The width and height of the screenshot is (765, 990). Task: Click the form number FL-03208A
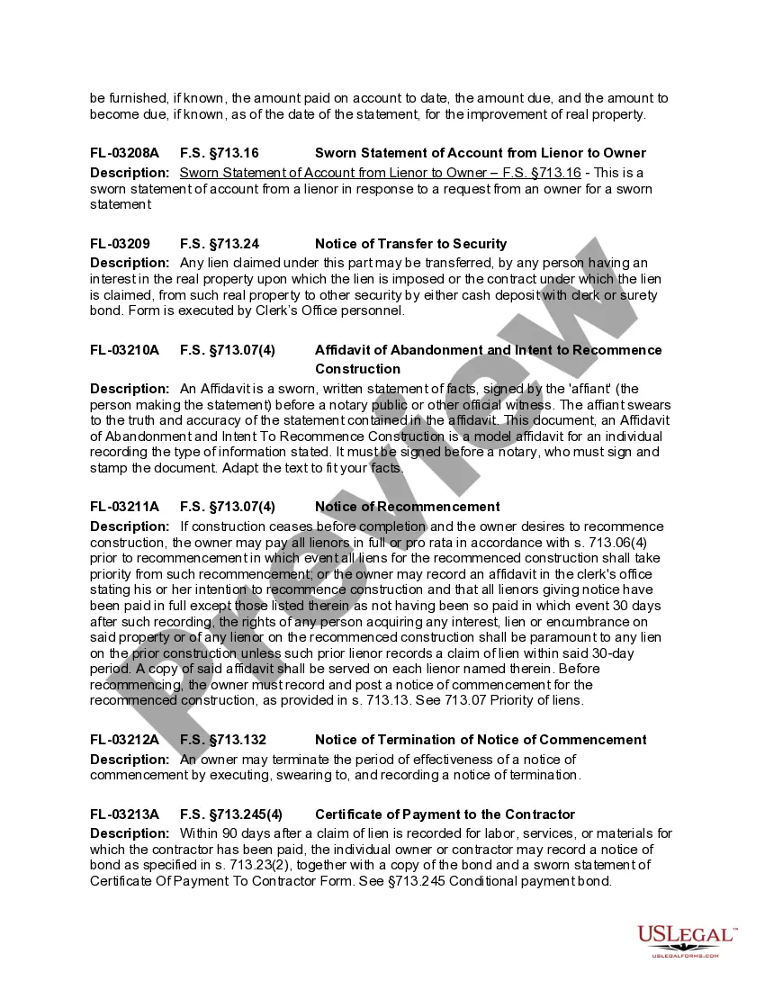tap(124, 153)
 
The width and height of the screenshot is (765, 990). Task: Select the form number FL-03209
tap(120, 244)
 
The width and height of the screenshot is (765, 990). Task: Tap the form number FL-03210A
tap(124, 350)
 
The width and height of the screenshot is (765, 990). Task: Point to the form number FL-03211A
tap(124, 507)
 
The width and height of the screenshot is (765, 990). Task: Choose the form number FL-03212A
tap(124, 740)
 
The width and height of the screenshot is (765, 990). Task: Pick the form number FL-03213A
tap(124, 814)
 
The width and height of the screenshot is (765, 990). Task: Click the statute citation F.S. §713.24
tap(220, 244)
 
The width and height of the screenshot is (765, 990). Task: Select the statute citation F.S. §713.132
tap(223, 740)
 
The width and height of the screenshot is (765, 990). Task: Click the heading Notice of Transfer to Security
tap(410, 244)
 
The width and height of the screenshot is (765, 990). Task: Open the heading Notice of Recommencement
tap(407, 507)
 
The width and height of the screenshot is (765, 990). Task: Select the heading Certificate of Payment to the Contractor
tap(445, 814)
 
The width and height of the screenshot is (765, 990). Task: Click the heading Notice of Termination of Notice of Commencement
tap(481, 740)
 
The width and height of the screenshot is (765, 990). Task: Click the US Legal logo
tap(687, 939)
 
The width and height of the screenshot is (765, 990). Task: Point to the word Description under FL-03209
tap(130, 263)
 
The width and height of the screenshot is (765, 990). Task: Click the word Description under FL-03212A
tap(130, 760)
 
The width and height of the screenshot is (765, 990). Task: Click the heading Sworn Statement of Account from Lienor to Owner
tap(481, 153)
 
